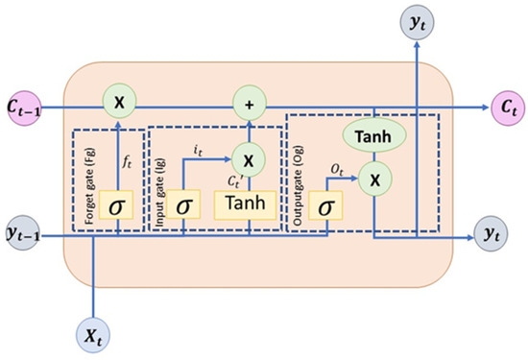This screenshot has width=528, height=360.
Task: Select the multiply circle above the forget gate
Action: click(120, 101)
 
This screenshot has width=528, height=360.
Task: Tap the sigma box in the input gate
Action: click(182, 205)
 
